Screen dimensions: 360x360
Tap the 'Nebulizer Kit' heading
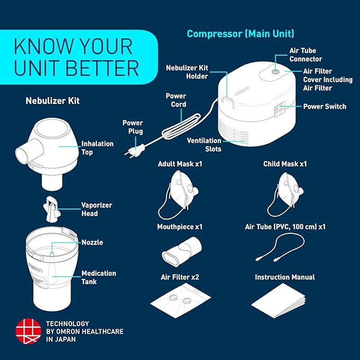click(52, 100)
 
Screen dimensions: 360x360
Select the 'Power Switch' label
click(324, 107)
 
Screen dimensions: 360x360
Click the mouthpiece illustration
click(180, 251)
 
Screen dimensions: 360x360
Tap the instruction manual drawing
click(279, 304)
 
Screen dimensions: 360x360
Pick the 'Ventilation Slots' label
click(204, 145)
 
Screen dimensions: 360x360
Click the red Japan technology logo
click(28, 331)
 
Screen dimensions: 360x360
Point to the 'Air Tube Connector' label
click(305, 55)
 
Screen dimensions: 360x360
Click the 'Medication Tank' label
click(99, 277)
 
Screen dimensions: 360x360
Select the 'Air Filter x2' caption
click(180, 277)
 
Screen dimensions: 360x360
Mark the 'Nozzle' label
click(92, 242)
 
